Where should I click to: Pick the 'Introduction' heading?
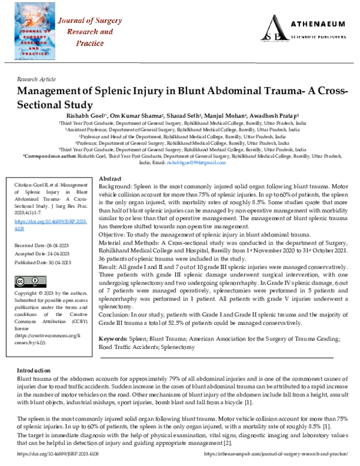click(x=34, y=371)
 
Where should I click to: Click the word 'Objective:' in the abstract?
click(x=111, y=233)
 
